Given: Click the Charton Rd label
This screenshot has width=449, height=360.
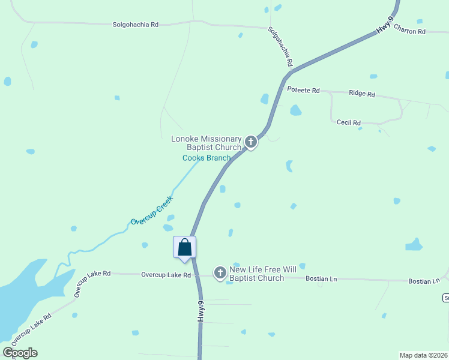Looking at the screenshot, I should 409,31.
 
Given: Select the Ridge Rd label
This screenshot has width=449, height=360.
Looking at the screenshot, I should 361,94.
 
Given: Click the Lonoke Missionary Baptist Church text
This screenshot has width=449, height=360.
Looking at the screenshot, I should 206,143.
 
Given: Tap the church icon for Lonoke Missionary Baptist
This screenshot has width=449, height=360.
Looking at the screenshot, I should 251,143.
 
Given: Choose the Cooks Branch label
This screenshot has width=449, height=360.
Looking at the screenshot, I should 206,158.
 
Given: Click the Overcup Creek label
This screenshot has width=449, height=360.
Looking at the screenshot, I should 152,210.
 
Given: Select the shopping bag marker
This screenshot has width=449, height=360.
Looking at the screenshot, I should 184,247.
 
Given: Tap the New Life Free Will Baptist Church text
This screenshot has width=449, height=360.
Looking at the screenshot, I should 259,274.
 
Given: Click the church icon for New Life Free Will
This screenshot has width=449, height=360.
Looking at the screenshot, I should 220,274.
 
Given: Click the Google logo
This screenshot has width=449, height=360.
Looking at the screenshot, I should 20,353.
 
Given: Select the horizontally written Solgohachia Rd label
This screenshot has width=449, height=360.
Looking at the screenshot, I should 136,25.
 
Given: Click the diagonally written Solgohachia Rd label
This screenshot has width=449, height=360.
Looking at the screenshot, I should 280,47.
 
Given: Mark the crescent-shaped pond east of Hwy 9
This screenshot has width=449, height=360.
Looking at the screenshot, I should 289,166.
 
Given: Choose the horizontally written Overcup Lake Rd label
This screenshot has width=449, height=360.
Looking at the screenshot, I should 166,275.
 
